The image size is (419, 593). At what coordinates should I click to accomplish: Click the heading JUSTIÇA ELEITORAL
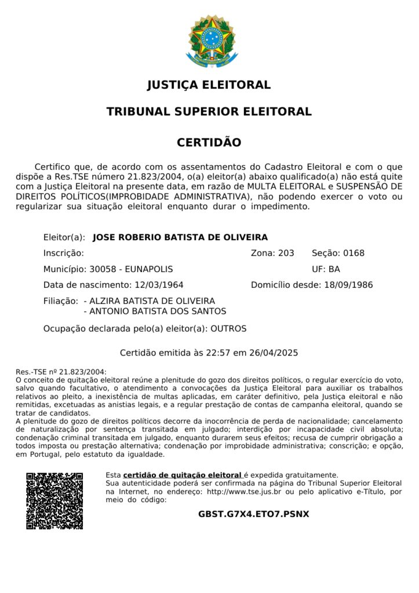(209, 85)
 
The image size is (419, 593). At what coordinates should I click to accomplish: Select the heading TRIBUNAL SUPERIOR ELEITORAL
(209, 112)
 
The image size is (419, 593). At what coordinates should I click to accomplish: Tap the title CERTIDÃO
(209, 142)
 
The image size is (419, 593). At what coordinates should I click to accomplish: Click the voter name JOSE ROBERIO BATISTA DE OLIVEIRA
(180, 237)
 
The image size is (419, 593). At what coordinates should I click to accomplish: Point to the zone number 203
(286, 253)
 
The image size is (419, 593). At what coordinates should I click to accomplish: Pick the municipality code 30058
(101, 269)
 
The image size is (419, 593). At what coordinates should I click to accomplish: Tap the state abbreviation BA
(334, 269)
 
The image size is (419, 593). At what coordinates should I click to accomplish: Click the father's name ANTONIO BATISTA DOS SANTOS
(158, 312)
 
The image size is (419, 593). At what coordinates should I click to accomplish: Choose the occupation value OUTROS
(228, 329)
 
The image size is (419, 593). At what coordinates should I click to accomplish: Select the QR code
(54, 501)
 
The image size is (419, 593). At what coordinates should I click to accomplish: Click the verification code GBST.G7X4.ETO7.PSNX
(254, 514)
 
